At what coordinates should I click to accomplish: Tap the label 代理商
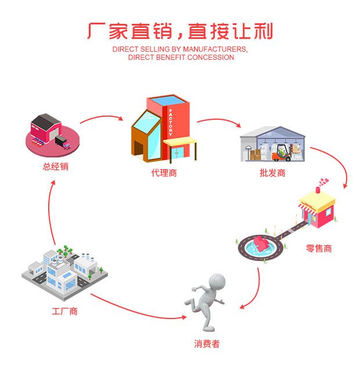[163, 173]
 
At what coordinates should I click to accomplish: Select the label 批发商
[272, 173]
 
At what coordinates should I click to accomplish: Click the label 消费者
[207, 343]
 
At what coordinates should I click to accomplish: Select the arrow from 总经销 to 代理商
[102, 119]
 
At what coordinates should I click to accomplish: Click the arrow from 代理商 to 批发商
[219, 121]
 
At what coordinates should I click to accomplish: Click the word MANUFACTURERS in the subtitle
[213, 49]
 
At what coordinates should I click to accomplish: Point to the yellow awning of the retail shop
[316, 204]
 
